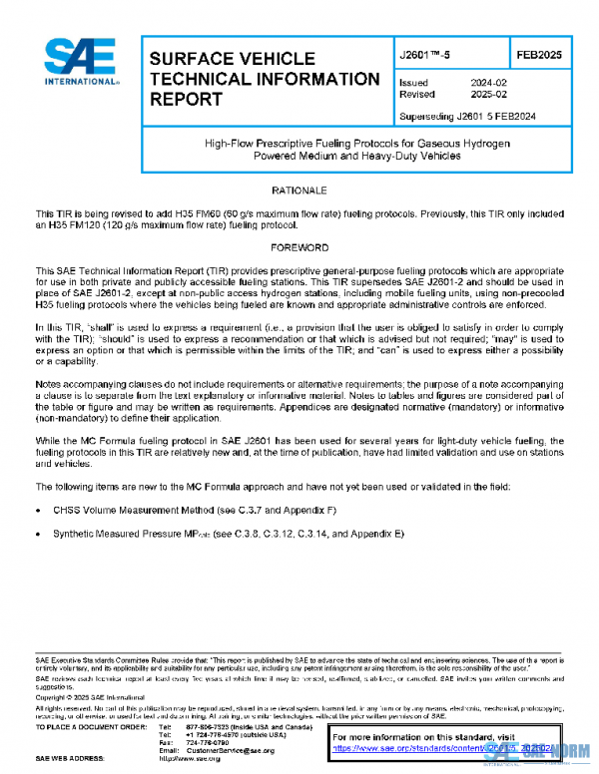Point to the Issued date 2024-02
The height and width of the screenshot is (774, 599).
pyautogui.click(x=486, y=83)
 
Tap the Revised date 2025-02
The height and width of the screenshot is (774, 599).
pyautogui.click(x=486, y=96)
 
